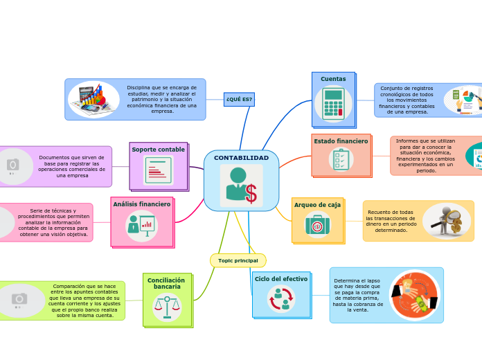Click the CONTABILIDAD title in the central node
tap(241, 158)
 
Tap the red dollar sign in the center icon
tap(251, 194)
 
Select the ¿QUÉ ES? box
tap(239, 99)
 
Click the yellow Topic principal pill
tap(238, 260)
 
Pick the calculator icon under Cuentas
tap(333, 104)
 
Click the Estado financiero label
tap(341, 141)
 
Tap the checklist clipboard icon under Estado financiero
tap(341, 160)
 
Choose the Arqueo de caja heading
tap(317, 205)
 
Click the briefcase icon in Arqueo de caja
tap(317, 225)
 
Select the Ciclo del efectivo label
tap(280, 278)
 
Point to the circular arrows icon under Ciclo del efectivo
tap(280, 299)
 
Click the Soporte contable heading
tap(158, 150)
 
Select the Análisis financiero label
tap(141, 204)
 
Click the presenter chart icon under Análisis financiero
tap(141, 226)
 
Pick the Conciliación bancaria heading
tap(166, 283)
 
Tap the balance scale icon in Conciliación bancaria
tap(166, 306)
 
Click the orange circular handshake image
tap(414, 295)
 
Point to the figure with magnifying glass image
tap(447, 221)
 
